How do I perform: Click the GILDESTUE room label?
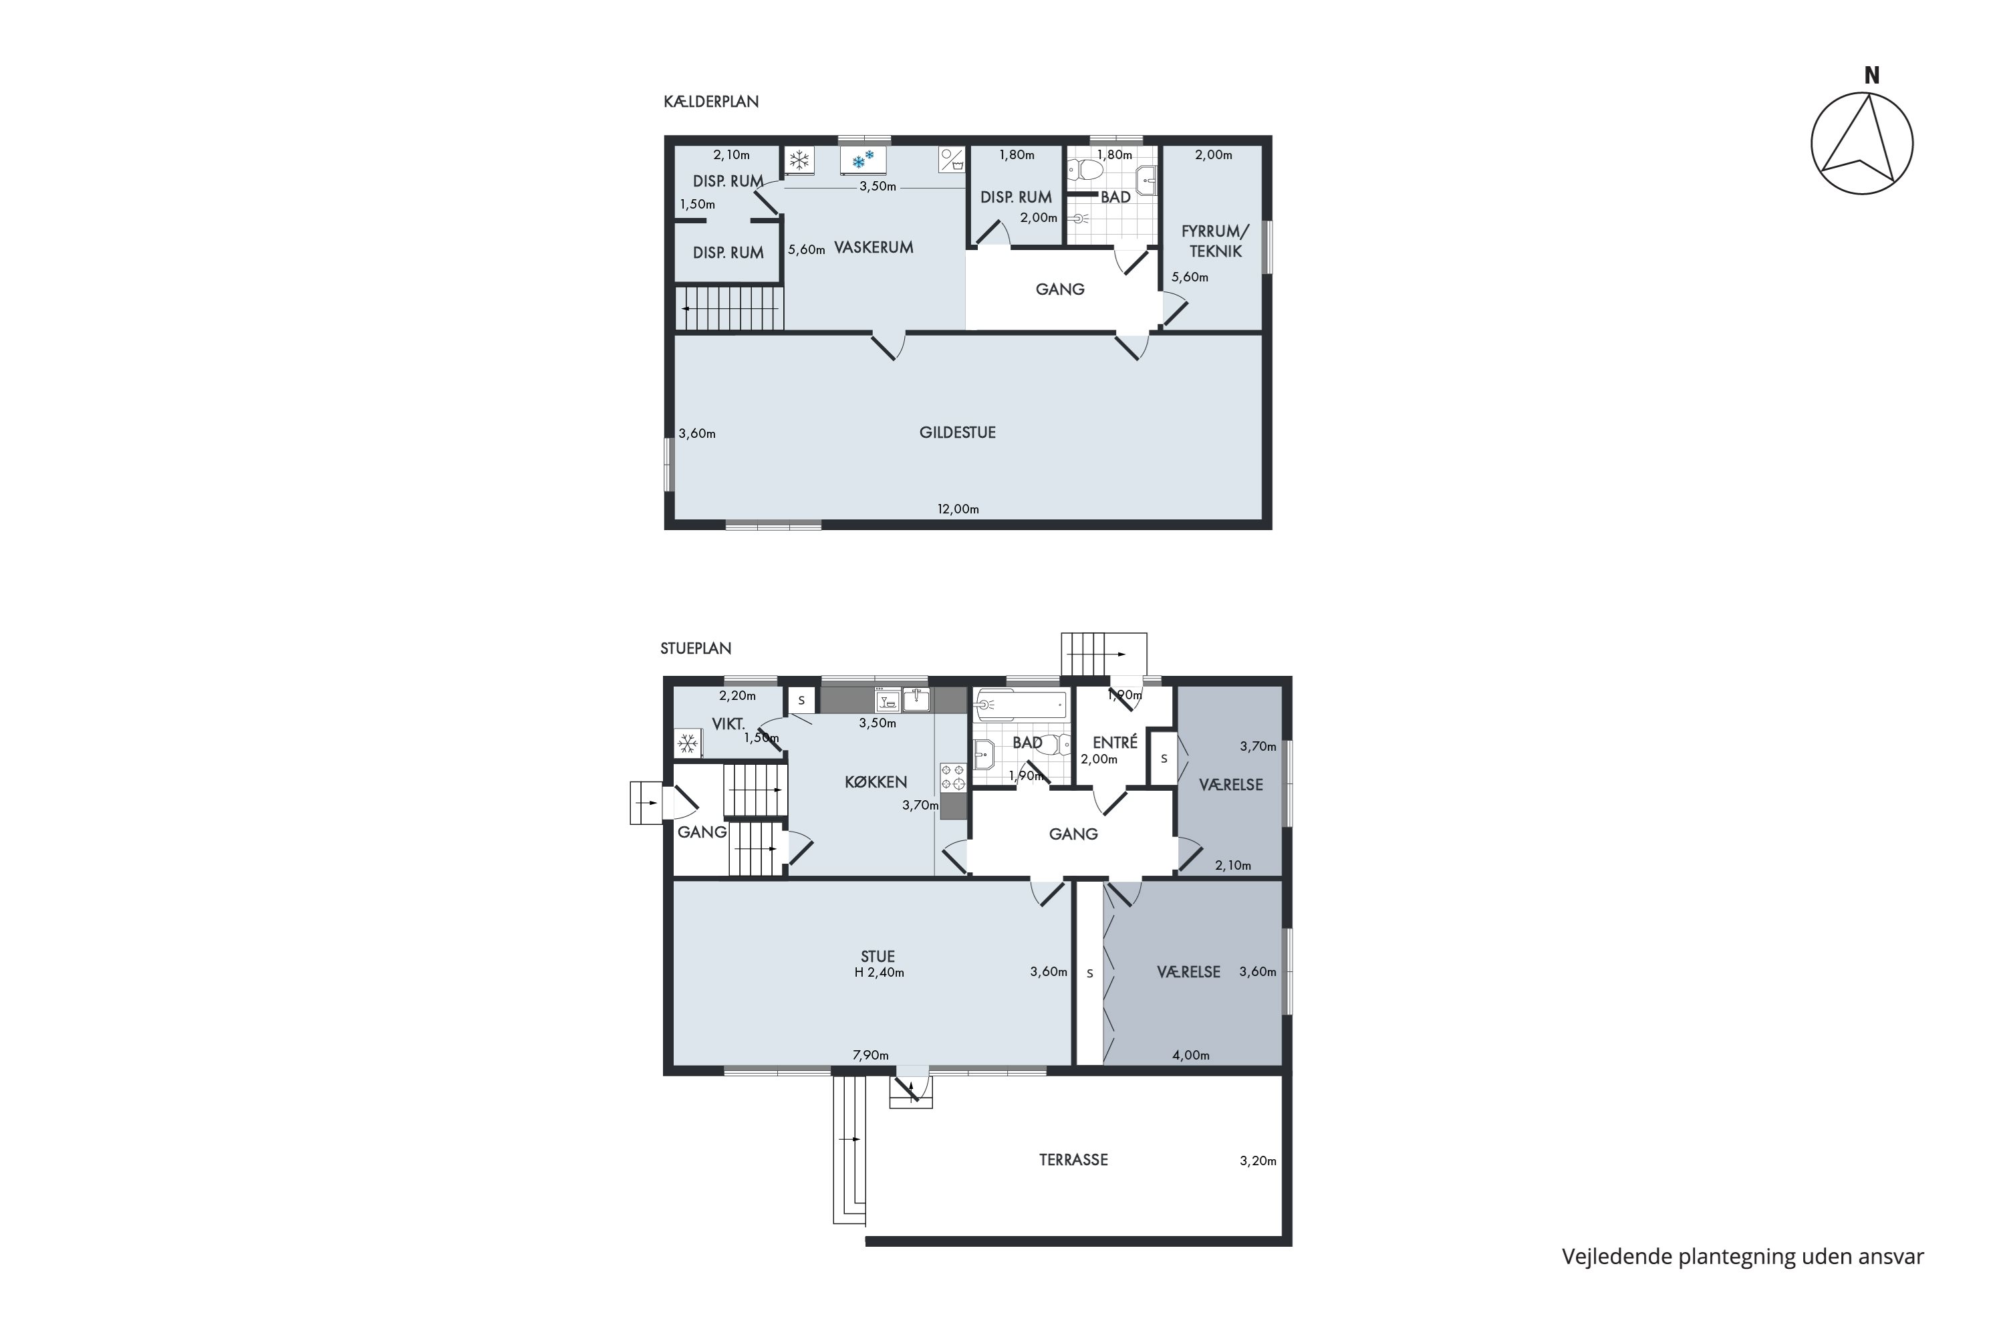(x=957, y=433)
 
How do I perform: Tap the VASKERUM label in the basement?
(x=874, y=247)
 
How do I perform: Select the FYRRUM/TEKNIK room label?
(x=1215, y=241)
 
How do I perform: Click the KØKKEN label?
(x=876, y=782)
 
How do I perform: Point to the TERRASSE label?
(x=1073, y=1160)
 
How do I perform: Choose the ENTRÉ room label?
(x=1115, y=742)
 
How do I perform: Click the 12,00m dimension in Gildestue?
(x=958, y=509)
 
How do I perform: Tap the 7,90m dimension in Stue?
(x=870, y=1055)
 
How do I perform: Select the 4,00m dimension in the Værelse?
(x=1191, y=1055)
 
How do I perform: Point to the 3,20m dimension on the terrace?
(x=1258, y=1161)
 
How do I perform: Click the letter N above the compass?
(x=1872, y=76)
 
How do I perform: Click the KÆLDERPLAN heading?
(x=711, y=102)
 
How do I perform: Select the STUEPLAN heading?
(x=696, y=648)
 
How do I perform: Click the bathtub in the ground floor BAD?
(x=1021, y=705)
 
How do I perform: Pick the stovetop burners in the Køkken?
(x=953, y=777)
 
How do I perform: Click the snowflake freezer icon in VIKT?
(x=687, y=743)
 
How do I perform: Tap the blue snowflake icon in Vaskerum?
(x=863, y=160)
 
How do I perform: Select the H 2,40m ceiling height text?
(x=880, y=972)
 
